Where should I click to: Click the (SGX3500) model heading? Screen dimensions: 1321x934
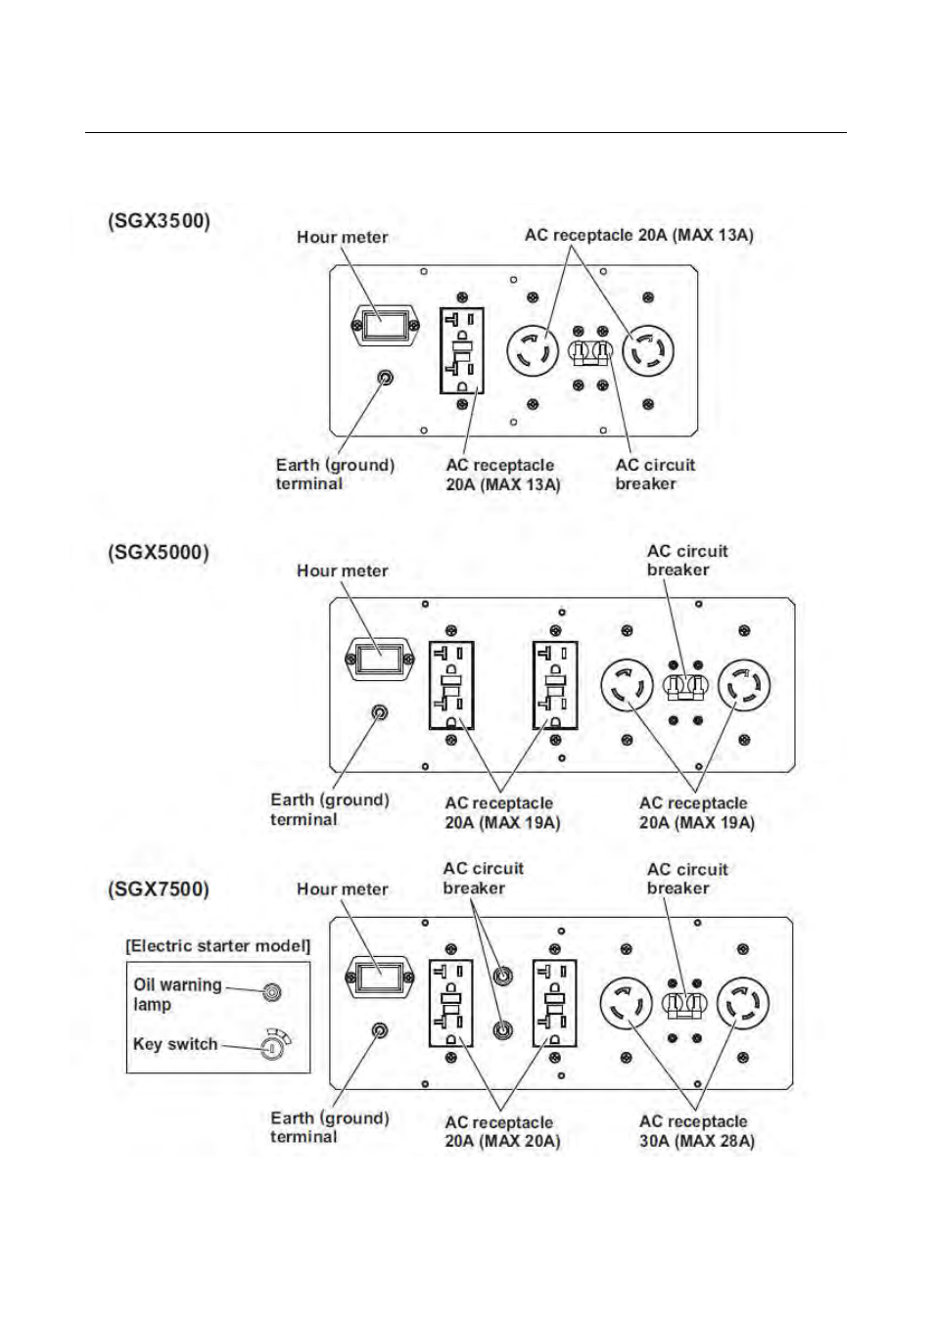pyautogui.click(x=159, y=220)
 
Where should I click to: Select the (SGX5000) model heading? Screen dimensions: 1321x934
pyautogui.click(x=159, y=552)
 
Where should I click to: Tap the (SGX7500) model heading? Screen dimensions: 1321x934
pyautogui.click(x=159, y=889)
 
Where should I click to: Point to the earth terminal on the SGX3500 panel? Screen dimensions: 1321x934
pyautogui.click(x=386, y=378)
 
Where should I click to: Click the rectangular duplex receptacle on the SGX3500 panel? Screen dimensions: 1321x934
pyautogui.click(x=462, y=350)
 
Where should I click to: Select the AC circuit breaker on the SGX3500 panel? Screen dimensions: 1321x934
pyautogui.click(x=590, y=350)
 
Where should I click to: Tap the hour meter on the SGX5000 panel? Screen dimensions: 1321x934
pyautogui.click(x=380, y=659)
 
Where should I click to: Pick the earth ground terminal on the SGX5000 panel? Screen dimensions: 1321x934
pyautogui.click(x=380, y=712)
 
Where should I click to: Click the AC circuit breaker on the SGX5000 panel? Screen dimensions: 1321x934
pyautogui.click(x=685, y=686)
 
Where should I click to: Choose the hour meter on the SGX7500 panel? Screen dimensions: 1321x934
pyautogui.click(x=380, y=976)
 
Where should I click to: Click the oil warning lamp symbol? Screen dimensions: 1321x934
pyautogui.click(x=272, y=992)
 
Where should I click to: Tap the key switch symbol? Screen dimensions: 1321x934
pyautogui.click(x=272, y=1047)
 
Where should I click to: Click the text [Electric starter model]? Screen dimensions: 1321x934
pyautogui.click(x=217, y=945)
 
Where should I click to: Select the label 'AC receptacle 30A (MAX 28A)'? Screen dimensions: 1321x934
pyautogui.click(x=696, y=1131)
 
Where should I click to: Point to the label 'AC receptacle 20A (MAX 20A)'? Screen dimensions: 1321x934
pyautogui.click(x=501, y=1131)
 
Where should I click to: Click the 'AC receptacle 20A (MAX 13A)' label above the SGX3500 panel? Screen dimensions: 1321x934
pyautogui.click(x=638, y=235)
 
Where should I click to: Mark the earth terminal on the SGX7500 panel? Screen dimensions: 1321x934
pyautogui.click(x=380, y=1030)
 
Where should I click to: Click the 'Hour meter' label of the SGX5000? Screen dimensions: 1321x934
pyautogui.click(x=342, y=570)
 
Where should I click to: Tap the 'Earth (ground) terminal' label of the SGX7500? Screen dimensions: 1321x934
pyautogui.click(x=329, y=1127)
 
